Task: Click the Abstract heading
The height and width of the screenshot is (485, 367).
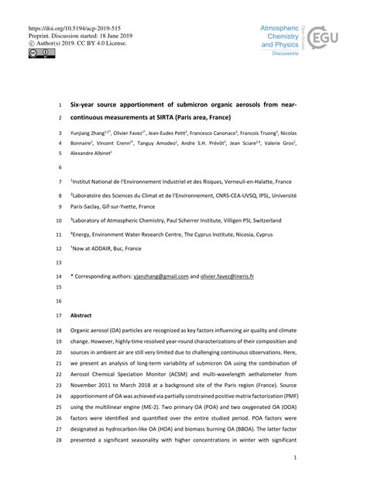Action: coord(81,316)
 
